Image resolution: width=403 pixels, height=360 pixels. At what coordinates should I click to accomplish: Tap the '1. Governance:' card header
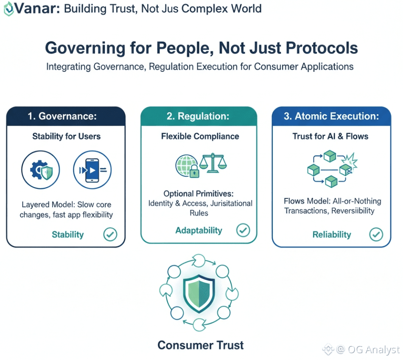click(x=66, y=116)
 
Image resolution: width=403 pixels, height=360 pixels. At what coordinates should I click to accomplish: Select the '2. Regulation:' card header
click(x=199, y=116)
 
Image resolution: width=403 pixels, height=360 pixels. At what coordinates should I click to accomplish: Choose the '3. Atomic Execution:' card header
click(x=331, y=116)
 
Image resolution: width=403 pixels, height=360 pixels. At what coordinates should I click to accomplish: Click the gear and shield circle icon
click(x=41, y=170)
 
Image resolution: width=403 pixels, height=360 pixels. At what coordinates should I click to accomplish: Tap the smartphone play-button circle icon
click(x=92, y=170)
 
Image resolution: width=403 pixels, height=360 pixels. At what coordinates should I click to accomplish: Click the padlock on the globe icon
click(x=194, y=172)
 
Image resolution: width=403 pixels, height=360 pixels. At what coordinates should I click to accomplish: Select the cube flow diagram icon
click(x=331, y=169)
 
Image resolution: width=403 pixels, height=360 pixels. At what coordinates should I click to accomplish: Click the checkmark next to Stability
click(x=110, y=234)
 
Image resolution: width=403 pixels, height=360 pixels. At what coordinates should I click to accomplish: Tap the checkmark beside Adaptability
click(x=243, y=231)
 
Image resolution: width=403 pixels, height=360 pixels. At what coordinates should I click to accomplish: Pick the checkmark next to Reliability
click(x=376, y=234)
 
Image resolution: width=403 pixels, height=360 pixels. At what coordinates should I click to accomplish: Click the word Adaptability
click(x=199, y=231)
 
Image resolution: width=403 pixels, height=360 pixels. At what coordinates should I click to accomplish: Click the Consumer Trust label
click(x=201, y=345)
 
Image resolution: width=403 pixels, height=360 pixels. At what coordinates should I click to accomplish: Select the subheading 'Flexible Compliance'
click(x=200, y=136)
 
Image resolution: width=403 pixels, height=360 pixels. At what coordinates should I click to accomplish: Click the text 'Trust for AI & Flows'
click(x=330, y=136)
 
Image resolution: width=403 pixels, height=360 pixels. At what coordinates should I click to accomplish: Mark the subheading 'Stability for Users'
click(x=66, y=136)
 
